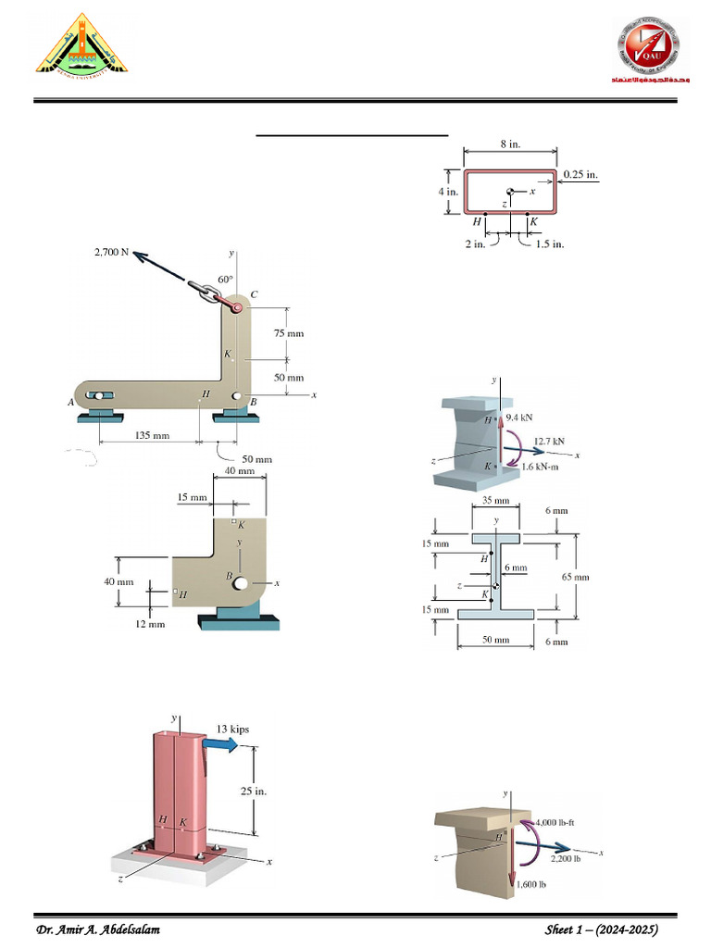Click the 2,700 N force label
[110, 252]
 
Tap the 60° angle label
[225, 279]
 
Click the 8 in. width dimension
[510, 143]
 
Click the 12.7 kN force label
[549, 441]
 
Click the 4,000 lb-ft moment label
[558, 822]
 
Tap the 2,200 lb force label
[566, 858]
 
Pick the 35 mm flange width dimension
[496, 501]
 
